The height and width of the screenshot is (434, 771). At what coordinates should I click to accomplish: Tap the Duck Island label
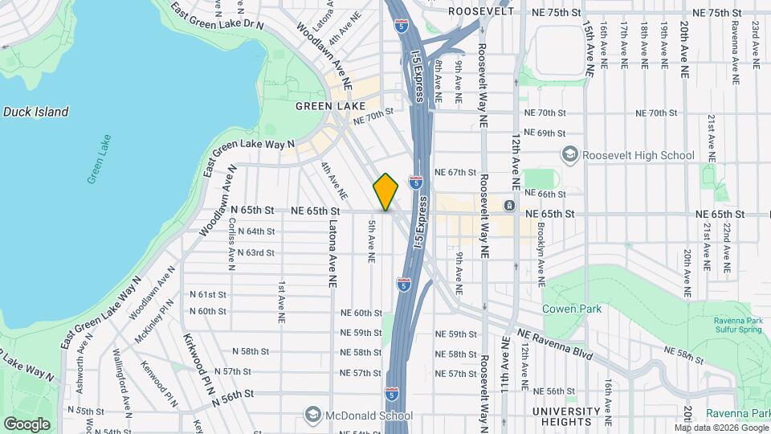(x=35, y=113)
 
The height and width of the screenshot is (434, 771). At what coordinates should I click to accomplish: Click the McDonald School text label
(x=369, y=416)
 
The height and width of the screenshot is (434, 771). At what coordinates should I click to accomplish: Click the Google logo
(x=27, y=424)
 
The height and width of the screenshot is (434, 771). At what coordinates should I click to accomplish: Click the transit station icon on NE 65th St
(x=509, y=207)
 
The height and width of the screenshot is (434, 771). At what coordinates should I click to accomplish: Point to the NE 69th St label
(x=545, y=133)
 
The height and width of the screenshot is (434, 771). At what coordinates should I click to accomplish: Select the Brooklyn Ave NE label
(x=541, y=256)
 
